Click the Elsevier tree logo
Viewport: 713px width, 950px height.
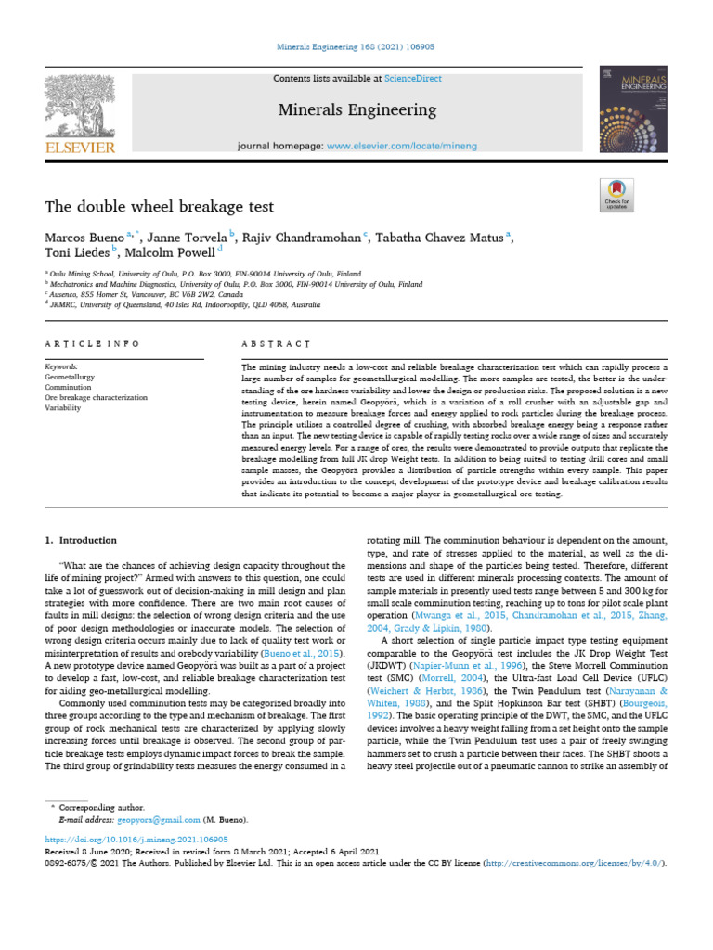81,109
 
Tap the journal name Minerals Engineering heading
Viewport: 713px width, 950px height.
357,110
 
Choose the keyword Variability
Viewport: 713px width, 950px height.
63,407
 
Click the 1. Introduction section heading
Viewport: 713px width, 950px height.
82,540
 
